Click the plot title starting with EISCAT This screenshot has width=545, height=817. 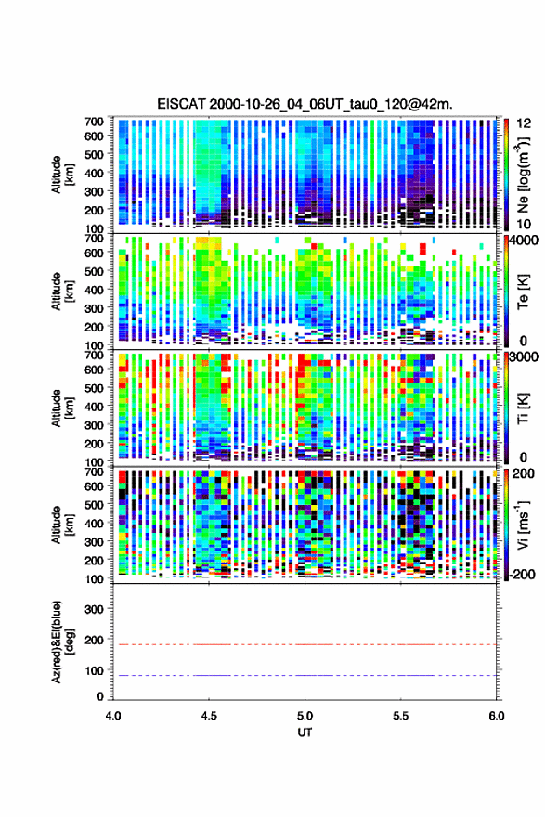(305, 104)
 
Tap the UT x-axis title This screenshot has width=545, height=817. (305, 733)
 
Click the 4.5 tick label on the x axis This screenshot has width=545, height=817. (209, 716)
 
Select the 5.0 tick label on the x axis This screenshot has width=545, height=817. (305, 716)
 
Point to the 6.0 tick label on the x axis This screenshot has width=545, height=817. (497, 716)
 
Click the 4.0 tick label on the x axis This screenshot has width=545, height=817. (113, 716)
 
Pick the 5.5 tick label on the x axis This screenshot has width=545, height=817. (401, 716)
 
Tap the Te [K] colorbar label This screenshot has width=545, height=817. (523, 292)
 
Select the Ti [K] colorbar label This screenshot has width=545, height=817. (523, 408)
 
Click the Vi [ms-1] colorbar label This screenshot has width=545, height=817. (524, 525)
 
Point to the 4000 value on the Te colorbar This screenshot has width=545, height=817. (525, 240)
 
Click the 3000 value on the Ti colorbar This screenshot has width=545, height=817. (525, 357)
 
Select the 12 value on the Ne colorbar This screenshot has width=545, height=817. (524, 123)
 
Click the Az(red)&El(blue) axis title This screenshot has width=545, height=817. (59, 642)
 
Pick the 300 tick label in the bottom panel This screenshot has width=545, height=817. (94, 609)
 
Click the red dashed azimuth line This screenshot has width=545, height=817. (305, 644)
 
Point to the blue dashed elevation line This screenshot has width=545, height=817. (305, 675)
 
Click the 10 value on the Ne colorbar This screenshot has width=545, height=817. (524, 224)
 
